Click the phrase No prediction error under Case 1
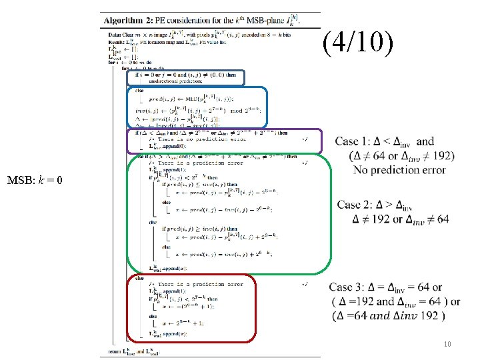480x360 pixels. click(400, 170)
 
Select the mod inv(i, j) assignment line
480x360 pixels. click(190, 111)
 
